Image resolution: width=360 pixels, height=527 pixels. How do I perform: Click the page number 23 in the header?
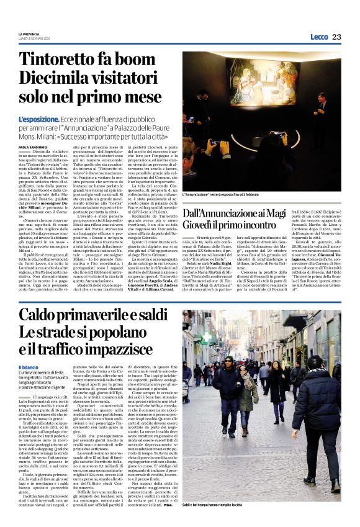click(x=336, y=37)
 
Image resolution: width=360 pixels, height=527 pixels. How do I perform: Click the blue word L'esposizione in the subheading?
click(x=39, y=119)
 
